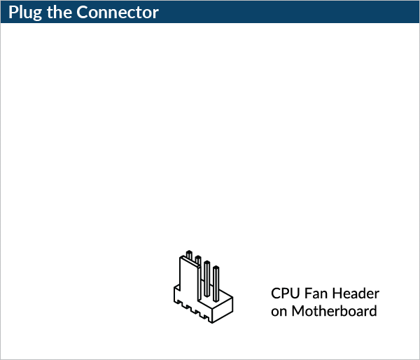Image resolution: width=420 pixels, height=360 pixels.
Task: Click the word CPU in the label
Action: (x=284, y=293)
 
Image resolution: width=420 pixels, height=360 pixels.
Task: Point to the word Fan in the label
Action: (x=316, y=293)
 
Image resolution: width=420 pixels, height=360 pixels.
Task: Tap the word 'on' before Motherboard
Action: (x=279, y=311)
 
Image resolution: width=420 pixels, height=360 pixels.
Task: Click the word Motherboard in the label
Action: (x=334, y=311)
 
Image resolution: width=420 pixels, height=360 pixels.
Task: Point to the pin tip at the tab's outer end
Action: (x=188, y=253)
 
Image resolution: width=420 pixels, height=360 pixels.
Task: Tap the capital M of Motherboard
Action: (x=297, y=311)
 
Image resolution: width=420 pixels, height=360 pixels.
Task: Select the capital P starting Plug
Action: (x=13, y=13)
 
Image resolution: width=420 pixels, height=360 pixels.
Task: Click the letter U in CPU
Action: (x=294, y=293)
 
